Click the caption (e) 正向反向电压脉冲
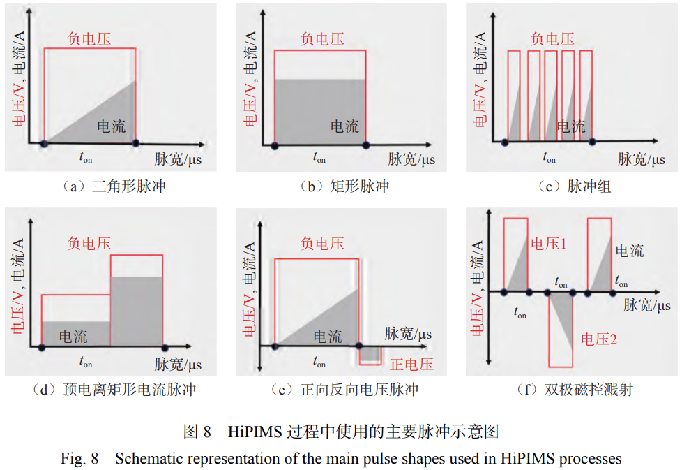[344, 390]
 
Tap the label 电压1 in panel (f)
[548, 243]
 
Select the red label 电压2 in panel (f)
[598, 339]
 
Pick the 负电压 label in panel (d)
[89, 243]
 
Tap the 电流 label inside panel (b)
[344, 126]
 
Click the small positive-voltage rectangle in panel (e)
[370, 355]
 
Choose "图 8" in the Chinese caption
[197, 432]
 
